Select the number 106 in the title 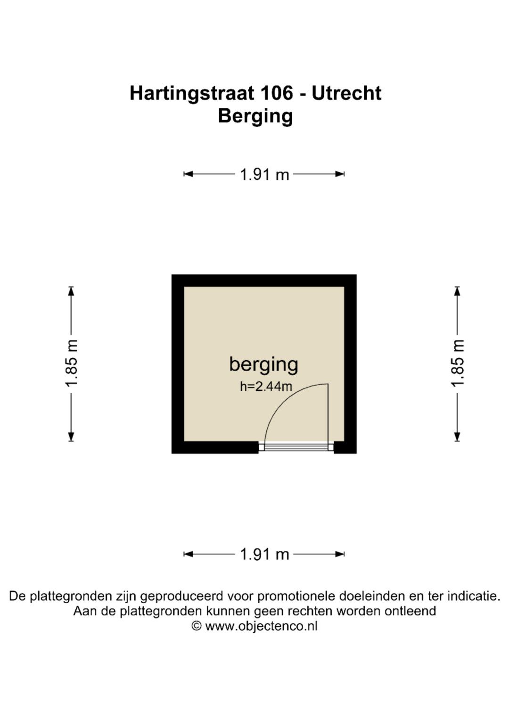[278, 93]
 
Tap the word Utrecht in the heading [346, 93]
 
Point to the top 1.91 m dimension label [264, 175]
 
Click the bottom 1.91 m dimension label [264, 554]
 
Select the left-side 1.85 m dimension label [71, 363]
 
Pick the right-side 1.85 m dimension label [458, 363]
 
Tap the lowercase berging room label [263, 365]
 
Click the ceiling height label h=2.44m [266, 387]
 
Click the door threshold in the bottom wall [296, 447]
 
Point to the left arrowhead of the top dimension [188, 174]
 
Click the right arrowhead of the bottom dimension [340, 554]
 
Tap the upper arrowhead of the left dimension [71, 291]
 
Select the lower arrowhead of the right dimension [458, 436]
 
